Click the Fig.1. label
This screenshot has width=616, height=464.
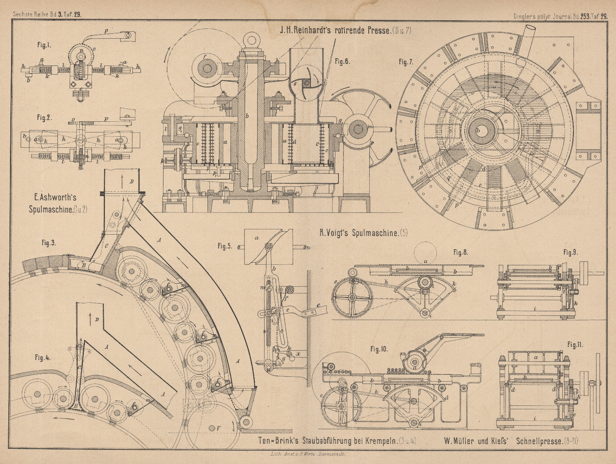44,45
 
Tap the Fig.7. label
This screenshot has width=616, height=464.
406,62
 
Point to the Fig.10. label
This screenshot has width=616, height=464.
379,349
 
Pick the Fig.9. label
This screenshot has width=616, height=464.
570,252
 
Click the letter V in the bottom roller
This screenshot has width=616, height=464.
218,428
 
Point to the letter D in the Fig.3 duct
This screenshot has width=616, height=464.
132,181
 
